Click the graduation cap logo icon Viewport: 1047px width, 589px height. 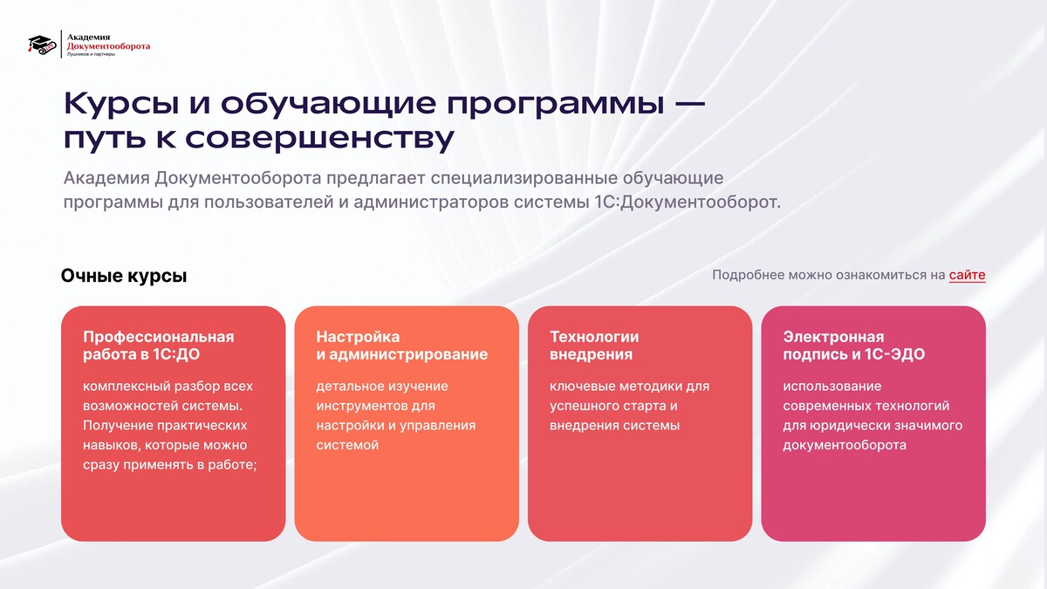pos(42,45)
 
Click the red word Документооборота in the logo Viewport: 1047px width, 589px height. pos(108,45)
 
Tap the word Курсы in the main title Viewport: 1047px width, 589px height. pos(121,104)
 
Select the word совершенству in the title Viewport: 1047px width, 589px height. pos(319,139)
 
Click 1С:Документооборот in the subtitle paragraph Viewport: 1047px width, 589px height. pos(688,202)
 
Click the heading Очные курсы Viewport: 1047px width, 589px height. pos(124,276)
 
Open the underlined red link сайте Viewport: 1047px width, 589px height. pos(967,275)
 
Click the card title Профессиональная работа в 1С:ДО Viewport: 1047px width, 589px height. pos(159,346)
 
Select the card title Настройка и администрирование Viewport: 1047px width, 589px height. pos(402,346)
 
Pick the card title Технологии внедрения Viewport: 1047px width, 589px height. pos(594,346)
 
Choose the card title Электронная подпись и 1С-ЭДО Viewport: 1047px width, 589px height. pos(854,346)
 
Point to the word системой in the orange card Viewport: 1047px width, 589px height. pos(347,445)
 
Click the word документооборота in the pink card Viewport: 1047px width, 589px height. pos(845,446)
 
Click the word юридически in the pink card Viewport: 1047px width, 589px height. pos(847,426)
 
